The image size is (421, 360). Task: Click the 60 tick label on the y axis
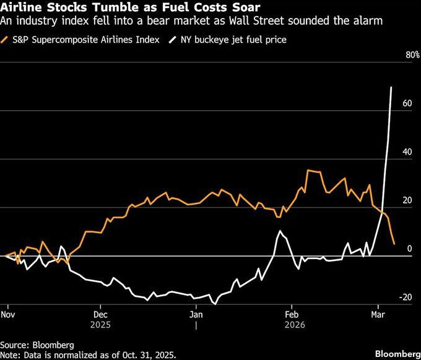[x=407, y=103]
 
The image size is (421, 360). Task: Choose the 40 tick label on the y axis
[x=407, y=152]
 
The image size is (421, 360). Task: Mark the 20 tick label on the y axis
[x=407, y=200]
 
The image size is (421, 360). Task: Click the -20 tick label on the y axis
[x=406, y=297]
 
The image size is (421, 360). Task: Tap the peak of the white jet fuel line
[x=391, y=87]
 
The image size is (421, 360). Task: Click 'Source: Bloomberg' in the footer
[x=37, y=344]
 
